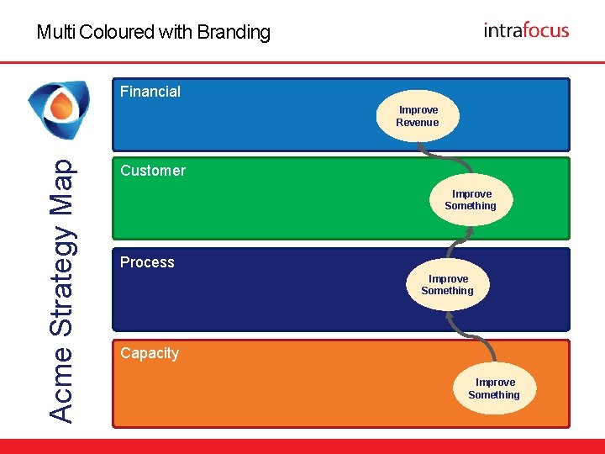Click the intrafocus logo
[x=526, y=30]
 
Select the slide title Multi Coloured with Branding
[x=154, y=33]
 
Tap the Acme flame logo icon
[x=58, y=110]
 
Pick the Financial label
[x=150, y=92]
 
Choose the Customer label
[x=153, y=171]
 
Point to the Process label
[x=147, y=262]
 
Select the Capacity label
[x=150, y=353]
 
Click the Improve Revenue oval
[x=418, y=116]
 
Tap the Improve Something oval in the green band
[x=471, y=200]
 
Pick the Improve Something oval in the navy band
[x=448, y=285]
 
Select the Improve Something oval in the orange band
[x=494, y=388]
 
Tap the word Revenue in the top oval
[x=418, y=123]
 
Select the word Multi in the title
[x=54, y=33]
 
